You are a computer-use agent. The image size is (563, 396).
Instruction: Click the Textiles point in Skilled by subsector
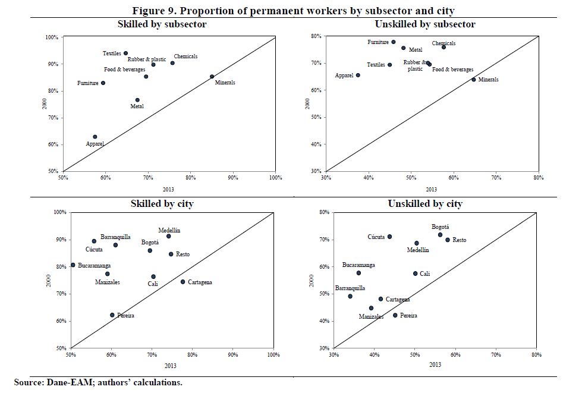125,54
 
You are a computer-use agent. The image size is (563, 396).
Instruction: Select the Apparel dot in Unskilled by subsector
358,75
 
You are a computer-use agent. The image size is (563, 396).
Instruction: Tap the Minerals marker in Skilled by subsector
212,76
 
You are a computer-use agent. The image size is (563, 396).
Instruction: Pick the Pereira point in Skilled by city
112,315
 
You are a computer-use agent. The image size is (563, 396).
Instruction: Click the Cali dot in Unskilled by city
416,274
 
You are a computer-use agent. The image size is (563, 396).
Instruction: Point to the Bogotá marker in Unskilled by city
441,235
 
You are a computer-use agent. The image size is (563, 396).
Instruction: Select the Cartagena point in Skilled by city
183,282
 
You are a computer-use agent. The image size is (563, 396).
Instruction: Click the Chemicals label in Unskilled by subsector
444,43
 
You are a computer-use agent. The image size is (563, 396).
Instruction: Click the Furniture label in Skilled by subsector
88,83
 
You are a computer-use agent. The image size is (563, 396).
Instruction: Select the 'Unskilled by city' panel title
425,204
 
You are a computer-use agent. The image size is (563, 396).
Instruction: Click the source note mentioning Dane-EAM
98,382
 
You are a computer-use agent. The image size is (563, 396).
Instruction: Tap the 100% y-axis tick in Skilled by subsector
52,37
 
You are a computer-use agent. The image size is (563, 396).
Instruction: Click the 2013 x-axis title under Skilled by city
171,364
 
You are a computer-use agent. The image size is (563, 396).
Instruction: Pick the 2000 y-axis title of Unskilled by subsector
307,103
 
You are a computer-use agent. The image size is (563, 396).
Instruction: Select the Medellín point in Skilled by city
169,236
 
